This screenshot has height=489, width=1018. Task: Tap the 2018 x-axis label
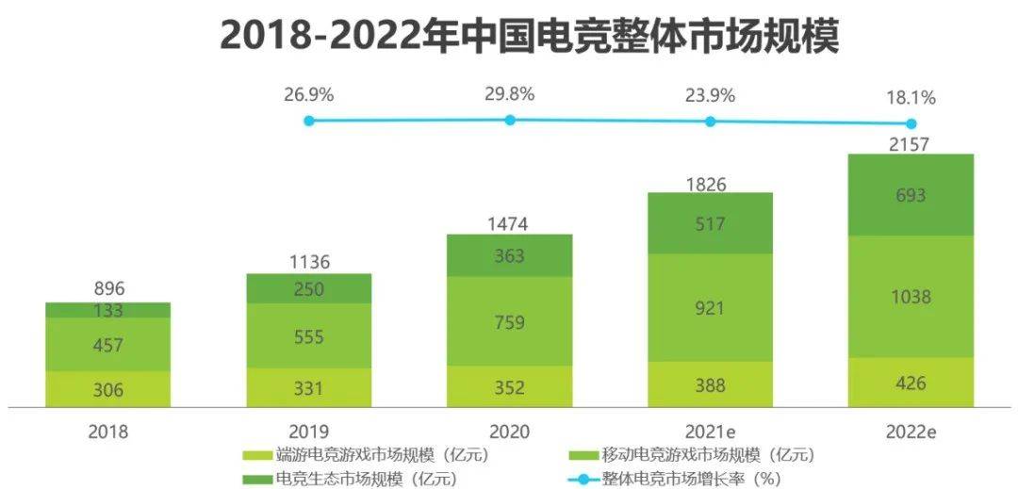click(107, 432)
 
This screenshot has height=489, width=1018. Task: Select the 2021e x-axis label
click(710, 432)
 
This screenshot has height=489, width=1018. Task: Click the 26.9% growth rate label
click(308, 94)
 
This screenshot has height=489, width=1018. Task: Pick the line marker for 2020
click(510, 120)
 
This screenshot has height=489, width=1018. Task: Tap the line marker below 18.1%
click(911, 123)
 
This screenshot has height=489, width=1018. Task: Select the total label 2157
click(910, 144)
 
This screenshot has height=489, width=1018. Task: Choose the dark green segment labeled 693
click(910, 195)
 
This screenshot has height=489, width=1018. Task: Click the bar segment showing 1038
click(910, 297)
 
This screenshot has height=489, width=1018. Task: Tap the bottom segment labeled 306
click(107, 389)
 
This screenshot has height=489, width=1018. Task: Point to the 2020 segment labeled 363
click(509, 255)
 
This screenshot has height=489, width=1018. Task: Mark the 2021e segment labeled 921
click(710, 307)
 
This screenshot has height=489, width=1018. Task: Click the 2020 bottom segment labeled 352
click(509, 386)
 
